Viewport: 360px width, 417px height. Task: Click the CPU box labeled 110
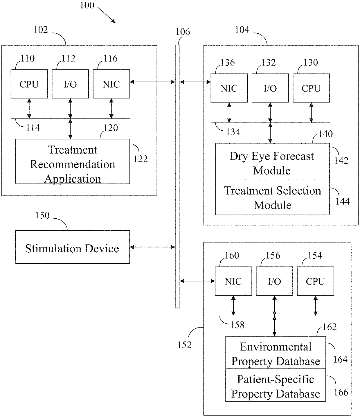(29, 84)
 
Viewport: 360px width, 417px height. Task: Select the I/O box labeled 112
(70, 84)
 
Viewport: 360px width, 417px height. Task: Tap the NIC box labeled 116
(111, 84)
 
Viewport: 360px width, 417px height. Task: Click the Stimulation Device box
(73, 247)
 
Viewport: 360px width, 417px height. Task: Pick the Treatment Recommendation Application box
(73, 161)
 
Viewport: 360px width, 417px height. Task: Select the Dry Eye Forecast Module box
(273, 161)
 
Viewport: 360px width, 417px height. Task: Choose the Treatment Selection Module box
(273, 197)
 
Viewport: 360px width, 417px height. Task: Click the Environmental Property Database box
(276, 353)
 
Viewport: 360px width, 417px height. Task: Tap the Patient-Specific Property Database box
(276, 385)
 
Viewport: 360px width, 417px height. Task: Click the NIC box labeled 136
(229, 88)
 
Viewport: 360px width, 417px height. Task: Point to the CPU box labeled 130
(311, 88)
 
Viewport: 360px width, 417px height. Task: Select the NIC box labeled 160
(233, 281)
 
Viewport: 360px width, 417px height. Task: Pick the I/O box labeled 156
(274, 281)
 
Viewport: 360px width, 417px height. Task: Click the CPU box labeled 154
(315, 281)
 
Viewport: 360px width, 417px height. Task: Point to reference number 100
(87, 5)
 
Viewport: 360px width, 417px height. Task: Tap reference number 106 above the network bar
(183, 32)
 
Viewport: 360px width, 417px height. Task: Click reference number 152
(184, 345)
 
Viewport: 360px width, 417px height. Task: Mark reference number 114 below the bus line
(33, 128)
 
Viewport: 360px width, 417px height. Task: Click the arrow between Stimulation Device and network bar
(152, 247)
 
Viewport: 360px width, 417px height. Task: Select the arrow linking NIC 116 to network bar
(152, 82)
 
